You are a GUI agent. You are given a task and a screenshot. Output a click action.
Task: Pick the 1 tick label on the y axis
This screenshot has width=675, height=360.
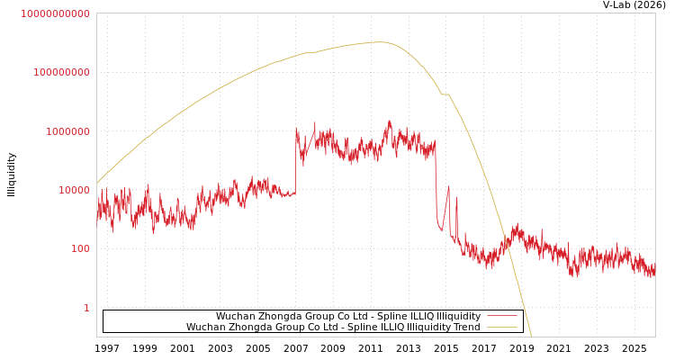click(x=86, y=308)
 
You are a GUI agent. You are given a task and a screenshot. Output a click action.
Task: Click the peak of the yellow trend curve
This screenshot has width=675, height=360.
click(x=380, y=41)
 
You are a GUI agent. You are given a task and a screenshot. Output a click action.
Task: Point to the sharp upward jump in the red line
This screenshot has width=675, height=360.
click(x=296, y=162)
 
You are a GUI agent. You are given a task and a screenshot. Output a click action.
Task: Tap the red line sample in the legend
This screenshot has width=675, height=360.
click(x=502, y=317)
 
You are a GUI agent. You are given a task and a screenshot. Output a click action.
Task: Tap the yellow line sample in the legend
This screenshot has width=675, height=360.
click(x=502, y=328)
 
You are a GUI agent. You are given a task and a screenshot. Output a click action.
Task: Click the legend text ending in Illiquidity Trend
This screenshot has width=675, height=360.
click(x=333, y=328)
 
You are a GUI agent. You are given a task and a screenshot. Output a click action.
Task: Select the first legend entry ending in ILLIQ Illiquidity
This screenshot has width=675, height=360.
click(x=347, y=317)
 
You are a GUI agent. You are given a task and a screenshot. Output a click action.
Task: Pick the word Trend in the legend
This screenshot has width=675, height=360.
click(x=466, y=328)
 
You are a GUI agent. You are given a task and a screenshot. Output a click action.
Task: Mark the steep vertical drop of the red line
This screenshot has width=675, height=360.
click(x=436, y=184)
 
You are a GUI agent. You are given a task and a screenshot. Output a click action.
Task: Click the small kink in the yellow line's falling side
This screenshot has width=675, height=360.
click(x=445, y=94)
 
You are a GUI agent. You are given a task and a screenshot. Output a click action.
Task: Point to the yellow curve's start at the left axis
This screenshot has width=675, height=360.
click(x=97, y=184)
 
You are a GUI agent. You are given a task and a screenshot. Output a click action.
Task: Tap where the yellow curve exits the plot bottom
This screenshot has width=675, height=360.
click(x=531, y=336)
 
